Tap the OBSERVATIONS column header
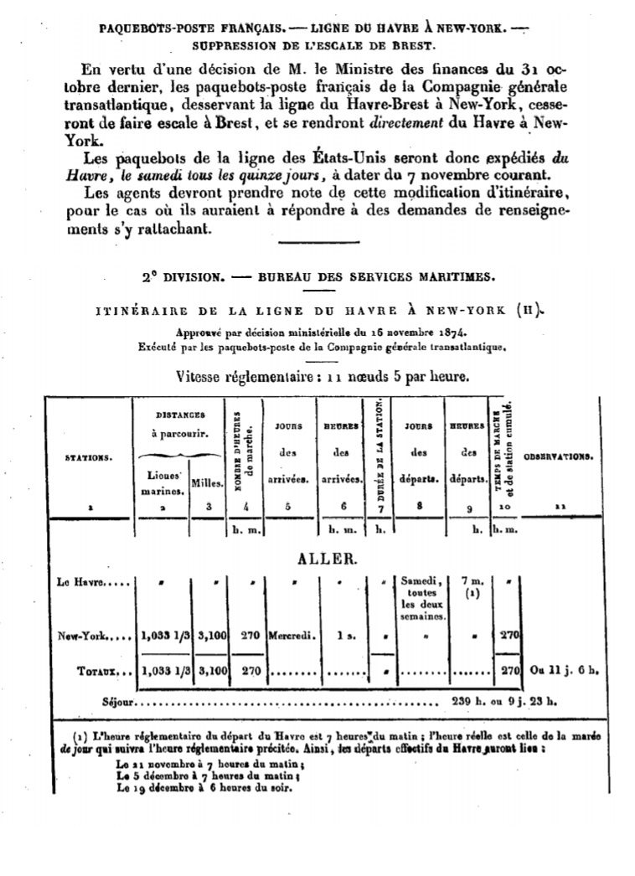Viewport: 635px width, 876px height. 559,457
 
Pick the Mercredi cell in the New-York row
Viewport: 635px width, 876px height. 292,636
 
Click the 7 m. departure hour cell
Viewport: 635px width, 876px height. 466,580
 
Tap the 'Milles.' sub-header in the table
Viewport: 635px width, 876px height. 205,482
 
